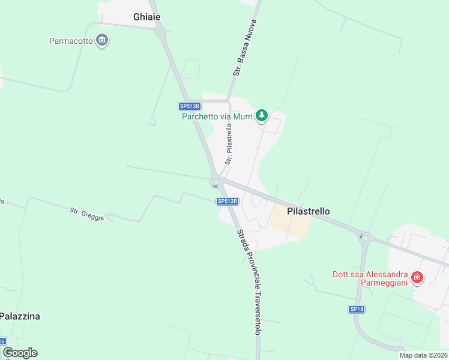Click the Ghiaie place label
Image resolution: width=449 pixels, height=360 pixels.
tap(146, 17)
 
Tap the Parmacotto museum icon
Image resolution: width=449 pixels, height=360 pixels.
tap(103, 41)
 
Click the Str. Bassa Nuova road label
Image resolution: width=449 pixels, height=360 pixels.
tap(245, 48)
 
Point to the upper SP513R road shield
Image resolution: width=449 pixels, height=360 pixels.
tap(189, 106)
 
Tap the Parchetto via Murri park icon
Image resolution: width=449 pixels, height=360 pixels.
tap(262, 115)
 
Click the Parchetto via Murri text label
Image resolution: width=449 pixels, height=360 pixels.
tap(217, 116)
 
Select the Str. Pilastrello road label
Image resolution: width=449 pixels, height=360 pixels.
tap(229, 144)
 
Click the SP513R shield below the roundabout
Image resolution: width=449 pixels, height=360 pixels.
tap(228, 202)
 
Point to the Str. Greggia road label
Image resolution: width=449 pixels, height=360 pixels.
tap(87, 214)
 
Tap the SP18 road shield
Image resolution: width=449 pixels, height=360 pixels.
tap(357, 309)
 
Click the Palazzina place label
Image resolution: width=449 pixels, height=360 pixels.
tap(20, 316)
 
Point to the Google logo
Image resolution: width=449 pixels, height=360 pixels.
tap(20, 353)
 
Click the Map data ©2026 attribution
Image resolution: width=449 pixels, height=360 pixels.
tap(423, 355)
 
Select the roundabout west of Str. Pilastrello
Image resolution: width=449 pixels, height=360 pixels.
tap(216, 182)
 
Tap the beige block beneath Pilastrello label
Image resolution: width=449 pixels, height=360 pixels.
tap(291, 224)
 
